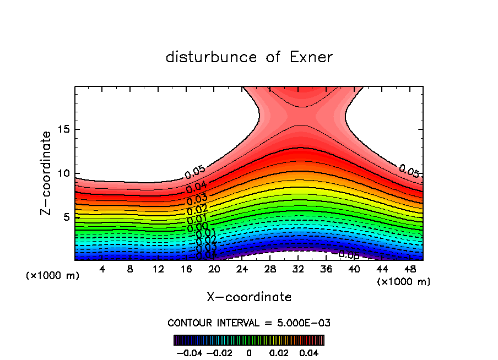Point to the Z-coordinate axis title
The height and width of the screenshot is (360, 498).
click(x=47, y=173)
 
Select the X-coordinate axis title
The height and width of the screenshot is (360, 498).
click(x=249, y=297)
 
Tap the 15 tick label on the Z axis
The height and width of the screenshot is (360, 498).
click(x=63, y=130)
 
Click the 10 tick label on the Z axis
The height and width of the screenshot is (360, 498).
click(x=63, y=173)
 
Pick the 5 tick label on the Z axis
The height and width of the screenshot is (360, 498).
click(x=66, y=217)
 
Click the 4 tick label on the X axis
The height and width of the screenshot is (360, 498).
click(x=102, y=269)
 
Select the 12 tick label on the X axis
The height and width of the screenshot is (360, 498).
click(x=158, y=269)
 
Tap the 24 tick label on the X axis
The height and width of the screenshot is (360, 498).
click(x=242, y=269)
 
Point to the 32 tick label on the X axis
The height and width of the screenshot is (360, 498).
click(x=298, y=269)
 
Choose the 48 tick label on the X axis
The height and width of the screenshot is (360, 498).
click(x=409, y=269)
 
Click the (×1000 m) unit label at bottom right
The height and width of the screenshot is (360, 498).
click(x=403, y=282)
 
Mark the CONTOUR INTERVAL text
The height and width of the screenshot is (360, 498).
click(x=249, y=323)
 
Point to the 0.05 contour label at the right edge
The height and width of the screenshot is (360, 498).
click(x=409, y=171)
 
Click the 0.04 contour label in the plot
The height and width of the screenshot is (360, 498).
click(x=196, y=186)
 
